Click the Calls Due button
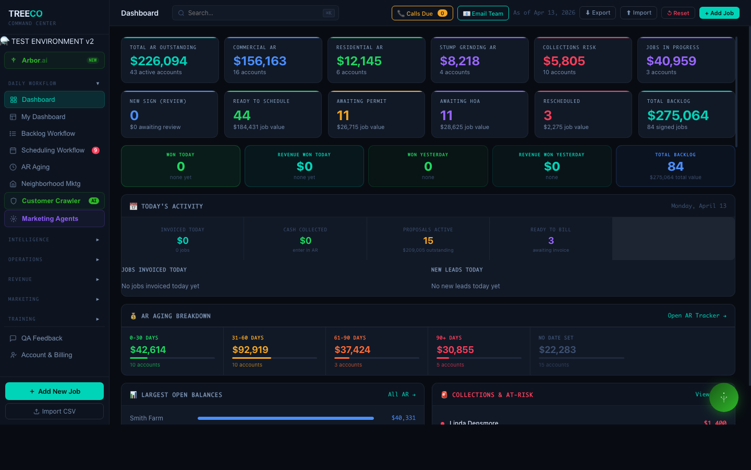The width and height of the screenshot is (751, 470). pos(422,13)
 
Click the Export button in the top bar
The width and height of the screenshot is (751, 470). pos(598,13)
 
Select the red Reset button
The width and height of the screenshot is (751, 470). pos(678,13)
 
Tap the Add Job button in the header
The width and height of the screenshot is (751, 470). pos(719,13)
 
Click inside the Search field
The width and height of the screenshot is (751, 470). pos(250,13)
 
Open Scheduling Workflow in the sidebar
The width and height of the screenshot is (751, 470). pos(53,150)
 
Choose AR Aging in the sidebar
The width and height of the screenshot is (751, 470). pos(35,167)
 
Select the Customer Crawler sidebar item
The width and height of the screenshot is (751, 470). pos(51,201)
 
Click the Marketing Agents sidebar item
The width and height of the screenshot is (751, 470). pos(50,219)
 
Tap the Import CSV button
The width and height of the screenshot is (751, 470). pos(54,412)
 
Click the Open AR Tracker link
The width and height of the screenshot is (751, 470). pos(697,315)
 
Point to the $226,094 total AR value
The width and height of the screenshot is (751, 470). pos(159,61)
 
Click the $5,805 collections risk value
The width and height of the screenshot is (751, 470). pos(564,61)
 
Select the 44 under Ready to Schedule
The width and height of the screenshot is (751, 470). pos(242,115)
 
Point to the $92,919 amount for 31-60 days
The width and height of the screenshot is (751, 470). pos(250,350)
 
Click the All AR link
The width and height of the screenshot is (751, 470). pos(402,394)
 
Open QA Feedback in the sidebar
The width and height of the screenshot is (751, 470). pos(42,338)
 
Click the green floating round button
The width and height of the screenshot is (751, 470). pos(723,397)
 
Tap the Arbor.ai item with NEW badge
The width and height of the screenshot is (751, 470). pos(54,61)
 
